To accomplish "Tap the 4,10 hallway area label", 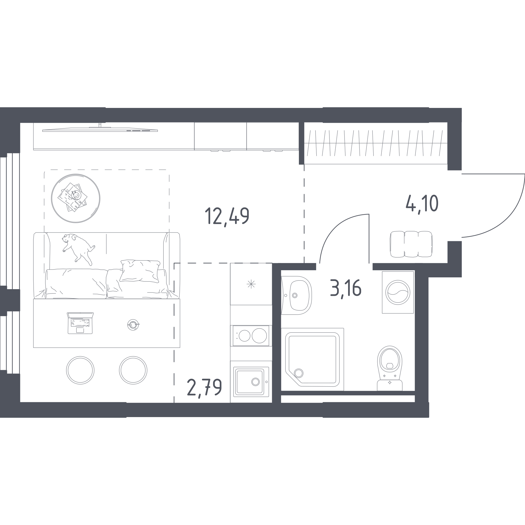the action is tap(422, 204).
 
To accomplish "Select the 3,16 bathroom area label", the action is tap(346, 289).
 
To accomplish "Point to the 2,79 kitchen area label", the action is tap(205, 388).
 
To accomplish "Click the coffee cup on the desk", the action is tap(133, 325).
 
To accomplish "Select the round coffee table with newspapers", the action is tap(76, 198).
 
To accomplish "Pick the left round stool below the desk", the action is tap(80, 370).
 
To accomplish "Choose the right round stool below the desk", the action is tap(133, 370).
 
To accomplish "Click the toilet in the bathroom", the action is tap(390, 368).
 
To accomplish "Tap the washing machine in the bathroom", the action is tap(398, 292).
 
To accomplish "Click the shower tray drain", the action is tap(299, 373).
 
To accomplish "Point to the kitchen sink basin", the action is tap(250, 382).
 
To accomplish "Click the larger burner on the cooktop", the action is tap(259, 336).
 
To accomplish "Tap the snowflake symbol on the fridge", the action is tap(251, 284).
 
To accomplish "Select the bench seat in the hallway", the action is tap(411, 244).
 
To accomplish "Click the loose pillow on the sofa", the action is tap(140, 271).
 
